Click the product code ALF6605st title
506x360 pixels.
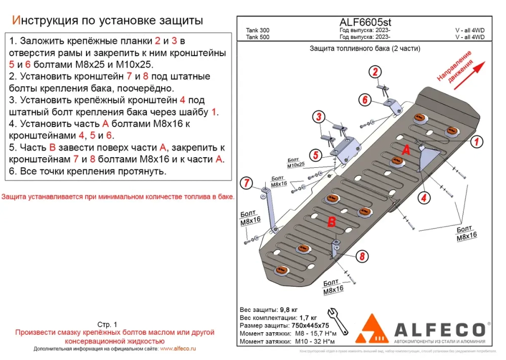click(364, 22)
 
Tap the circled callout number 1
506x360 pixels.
click(476, 142)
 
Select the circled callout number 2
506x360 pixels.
click(375, 72)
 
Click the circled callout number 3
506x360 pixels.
click(319, 118)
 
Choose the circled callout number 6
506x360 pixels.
click(364, 100)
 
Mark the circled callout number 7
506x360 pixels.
click(246, 183)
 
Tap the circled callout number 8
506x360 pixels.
click(362, 257)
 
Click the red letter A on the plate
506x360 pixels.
click(405, 150)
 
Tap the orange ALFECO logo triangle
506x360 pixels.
click(372, 329)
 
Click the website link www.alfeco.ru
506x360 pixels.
click(178, 349)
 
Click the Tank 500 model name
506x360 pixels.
click(258, 37)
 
